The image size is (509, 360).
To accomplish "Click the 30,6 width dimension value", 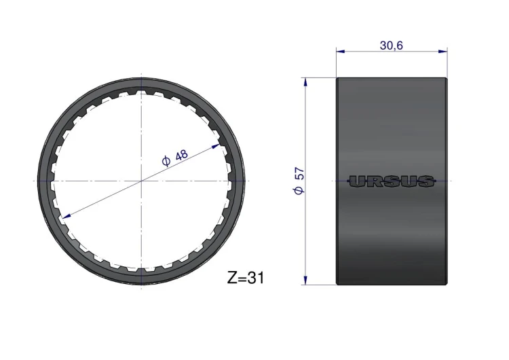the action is [x=391, y=46].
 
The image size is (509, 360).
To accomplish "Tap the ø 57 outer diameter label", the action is [x=299, y=181].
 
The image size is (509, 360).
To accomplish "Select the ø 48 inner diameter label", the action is [x=175, y=158].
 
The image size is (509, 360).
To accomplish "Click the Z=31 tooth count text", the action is [x=246, y=278].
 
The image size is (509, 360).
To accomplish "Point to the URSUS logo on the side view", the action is [x=391, y=181].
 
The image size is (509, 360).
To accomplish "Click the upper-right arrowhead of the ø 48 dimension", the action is [x=216, y=146].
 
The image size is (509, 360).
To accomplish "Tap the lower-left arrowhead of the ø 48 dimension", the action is [x=67, y=216].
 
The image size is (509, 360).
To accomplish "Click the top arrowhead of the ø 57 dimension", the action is [x=305, y=82].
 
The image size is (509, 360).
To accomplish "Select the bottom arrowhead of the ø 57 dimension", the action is [x=305, y=280].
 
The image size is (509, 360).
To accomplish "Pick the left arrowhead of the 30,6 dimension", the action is [x=341, y=51].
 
